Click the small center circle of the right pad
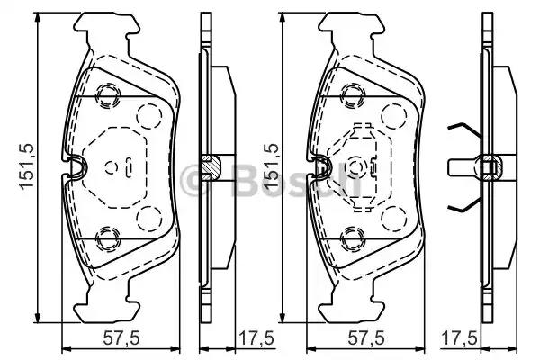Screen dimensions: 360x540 point(356,166)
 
